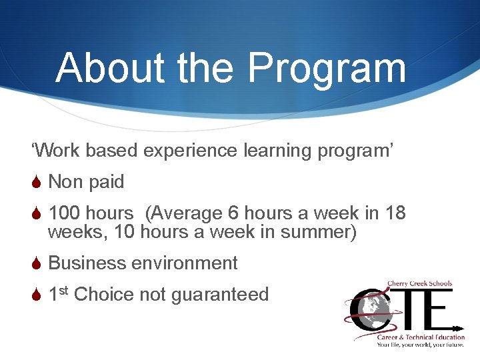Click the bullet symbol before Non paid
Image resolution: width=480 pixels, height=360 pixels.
point(37,182)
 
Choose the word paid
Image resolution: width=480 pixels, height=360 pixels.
point(105,182)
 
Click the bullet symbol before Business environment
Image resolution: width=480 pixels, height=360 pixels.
point(37,263)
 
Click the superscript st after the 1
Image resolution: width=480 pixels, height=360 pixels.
point(64,291)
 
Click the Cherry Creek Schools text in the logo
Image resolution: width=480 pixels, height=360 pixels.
point(420,283)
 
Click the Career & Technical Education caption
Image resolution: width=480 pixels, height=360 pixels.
point(420,337)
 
